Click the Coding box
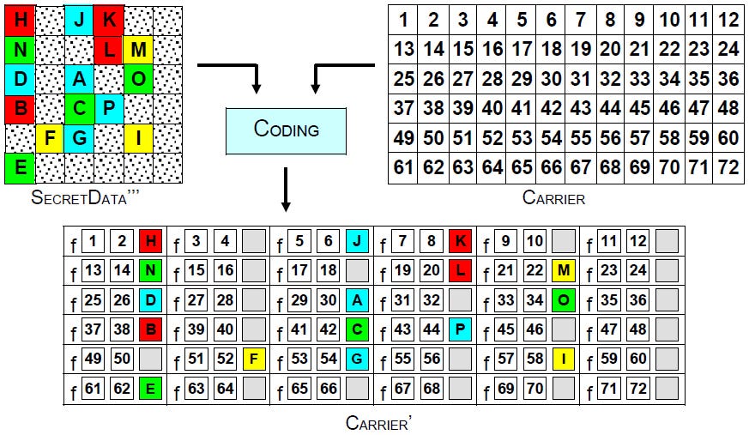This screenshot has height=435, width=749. point(286,130)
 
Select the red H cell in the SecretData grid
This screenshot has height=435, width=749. point(21,20)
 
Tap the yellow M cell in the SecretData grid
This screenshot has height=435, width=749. point(137,50)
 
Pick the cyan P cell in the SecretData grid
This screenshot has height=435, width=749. point(109,108)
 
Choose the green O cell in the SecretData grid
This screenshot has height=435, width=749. point(137,79)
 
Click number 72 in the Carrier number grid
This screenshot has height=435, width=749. point(728,166)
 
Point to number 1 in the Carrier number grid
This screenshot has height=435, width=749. point(403,20)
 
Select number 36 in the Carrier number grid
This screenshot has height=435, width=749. point(728,79)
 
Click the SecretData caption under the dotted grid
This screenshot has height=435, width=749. point(86,198)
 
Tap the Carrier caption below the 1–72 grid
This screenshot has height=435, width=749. point(553,198)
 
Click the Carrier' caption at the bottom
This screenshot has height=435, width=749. point(375,422)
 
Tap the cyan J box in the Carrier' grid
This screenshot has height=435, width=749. point(356,242)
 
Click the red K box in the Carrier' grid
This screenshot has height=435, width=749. point(460,242)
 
